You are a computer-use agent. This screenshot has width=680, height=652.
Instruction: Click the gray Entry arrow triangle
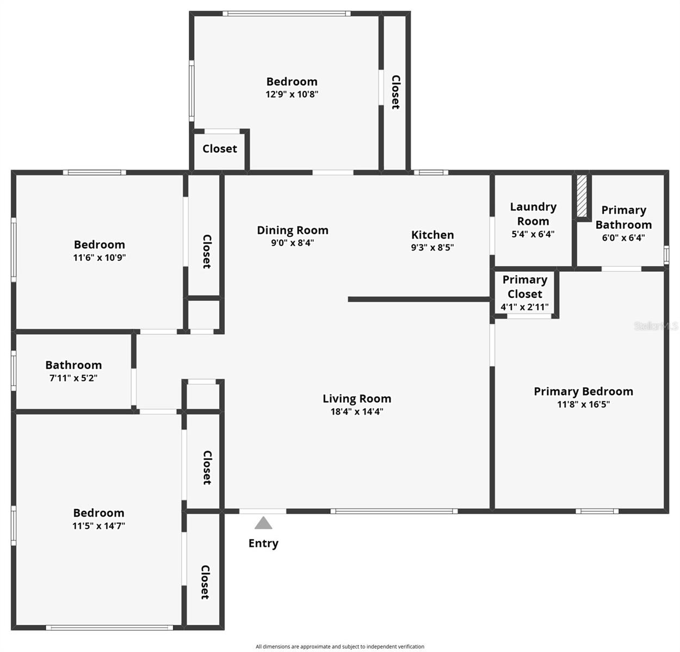coord(263,523)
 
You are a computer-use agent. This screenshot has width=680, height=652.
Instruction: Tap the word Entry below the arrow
coord(263,543)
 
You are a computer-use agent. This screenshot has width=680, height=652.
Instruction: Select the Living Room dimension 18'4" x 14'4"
coord(357,412)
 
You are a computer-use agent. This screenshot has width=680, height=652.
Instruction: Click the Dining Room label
coord(293,230)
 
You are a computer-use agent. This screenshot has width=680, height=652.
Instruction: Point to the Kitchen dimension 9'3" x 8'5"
coord(432,248)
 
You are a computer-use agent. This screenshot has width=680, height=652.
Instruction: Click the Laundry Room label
coord(533,214)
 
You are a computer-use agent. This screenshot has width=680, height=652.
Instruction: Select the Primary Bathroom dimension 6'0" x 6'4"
coord(623,238)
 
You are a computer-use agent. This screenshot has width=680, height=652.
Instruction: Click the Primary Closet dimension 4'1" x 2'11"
coord(524,307)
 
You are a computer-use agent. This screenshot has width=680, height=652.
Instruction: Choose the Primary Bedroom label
coord(583,391)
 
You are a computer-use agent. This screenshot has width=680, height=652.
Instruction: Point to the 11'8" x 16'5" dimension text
coord(583,404)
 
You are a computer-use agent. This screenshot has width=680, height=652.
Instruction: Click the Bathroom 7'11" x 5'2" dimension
coord(73,378)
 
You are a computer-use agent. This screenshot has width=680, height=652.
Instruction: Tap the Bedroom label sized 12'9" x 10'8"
coord(292,81)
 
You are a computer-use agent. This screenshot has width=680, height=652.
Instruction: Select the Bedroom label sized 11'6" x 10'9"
coord(100,244)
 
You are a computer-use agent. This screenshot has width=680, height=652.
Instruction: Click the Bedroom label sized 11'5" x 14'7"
coord(98,513)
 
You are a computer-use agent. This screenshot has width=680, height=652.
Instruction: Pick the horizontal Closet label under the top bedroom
coord(220,149)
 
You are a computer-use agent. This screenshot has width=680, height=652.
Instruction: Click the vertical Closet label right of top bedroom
coord(395,92)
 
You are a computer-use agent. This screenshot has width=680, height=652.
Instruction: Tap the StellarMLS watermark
coord(656,326)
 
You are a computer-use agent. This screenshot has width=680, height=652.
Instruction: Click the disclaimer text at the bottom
coord(340,647)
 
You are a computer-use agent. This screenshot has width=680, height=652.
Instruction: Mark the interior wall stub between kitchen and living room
coord(419,299)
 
